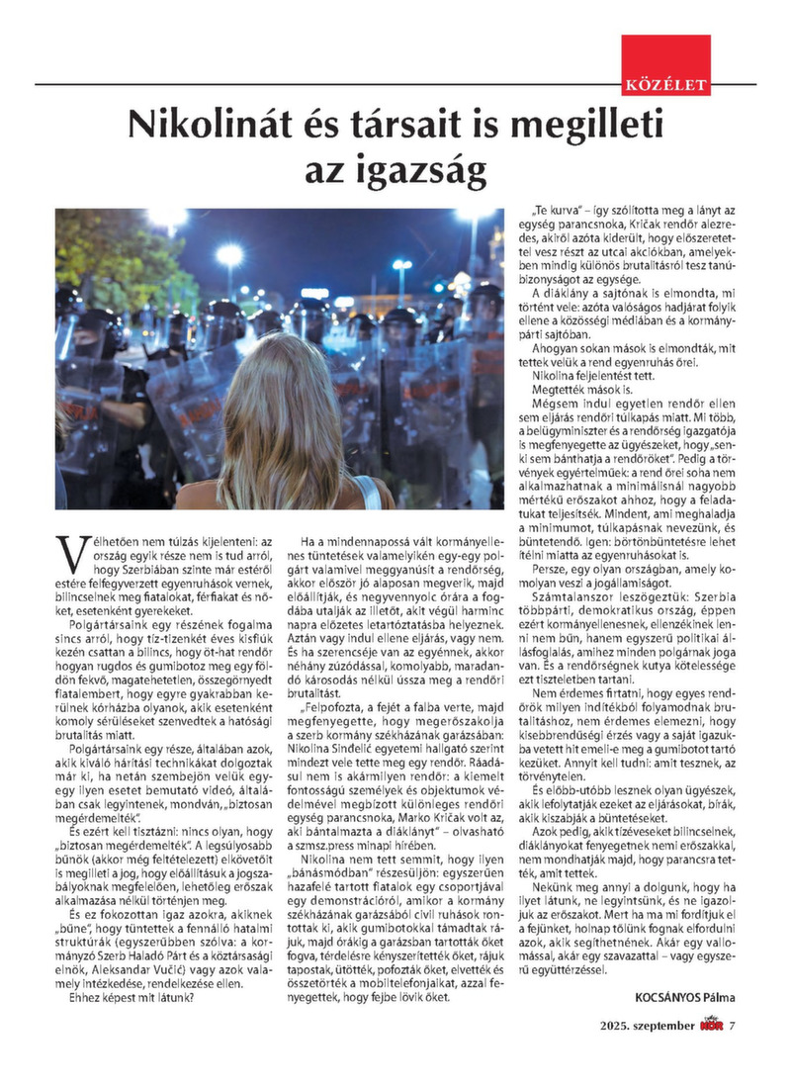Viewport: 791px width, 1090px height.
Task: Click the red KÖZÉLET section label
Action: [665, 86]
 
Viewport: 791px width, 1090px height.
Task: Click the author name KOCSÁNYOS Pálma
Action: [678, 997]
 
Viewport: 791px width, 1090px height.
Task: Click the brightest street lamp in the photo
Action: [229, 256]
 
